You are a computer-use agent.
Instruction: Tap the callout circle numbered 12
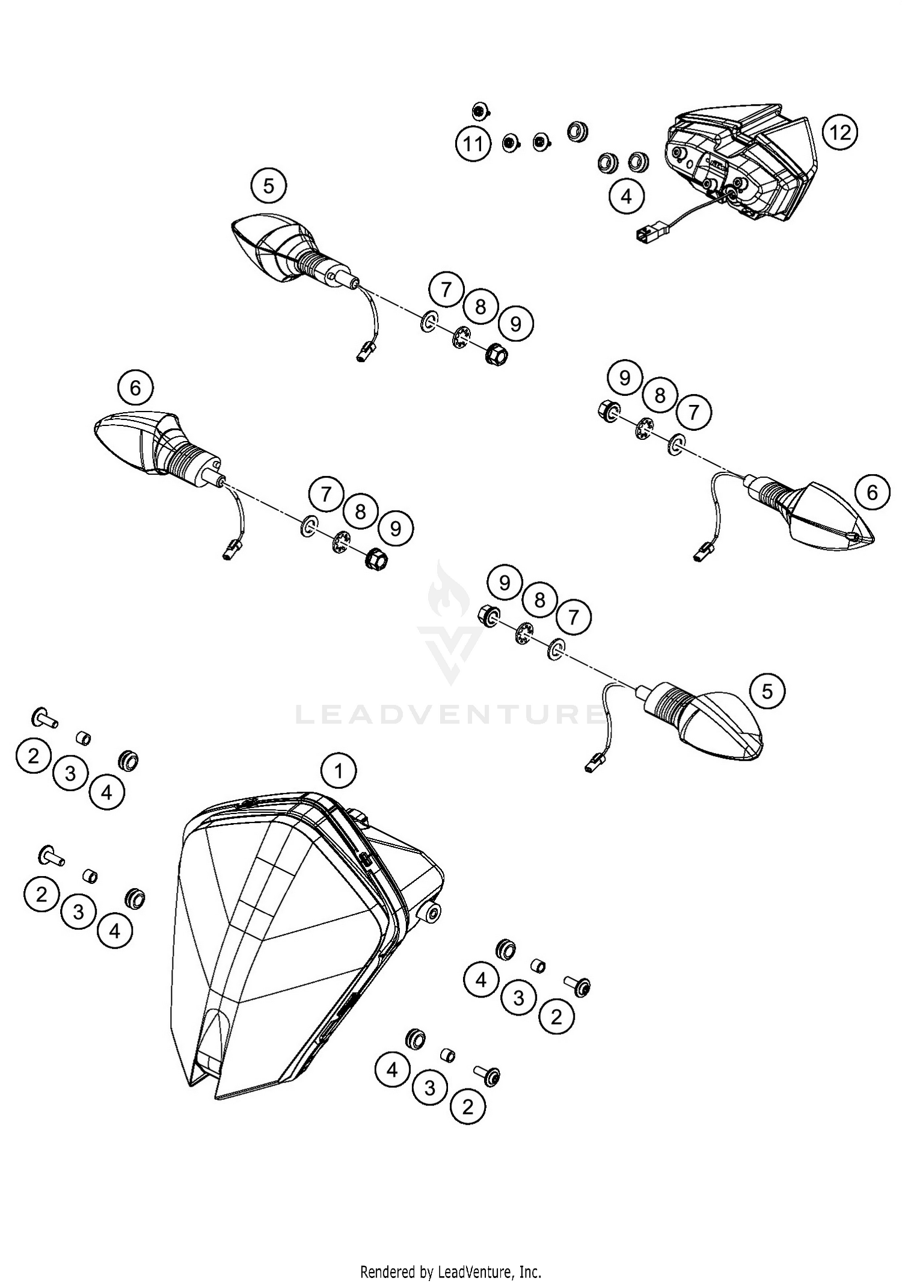[x=840, y=132]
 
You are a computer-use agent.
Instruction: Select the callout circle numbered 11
[x=473, y=144]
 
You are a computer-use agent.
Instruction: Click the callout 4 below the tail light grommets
[x=626, y=196]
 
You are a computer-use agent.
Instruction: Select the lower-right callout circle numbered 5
[x=767, y=691]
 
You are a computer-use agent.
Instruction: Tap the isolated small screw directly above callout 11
[x=480, y=111]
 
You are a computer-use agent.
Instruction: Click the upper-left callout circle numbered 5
[x=268, y=186]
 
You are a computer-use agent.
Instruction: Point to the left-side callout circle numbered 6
[x=135, y=388]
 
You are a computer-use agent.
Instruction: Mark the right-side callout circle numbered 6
[x=872, y=493]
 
